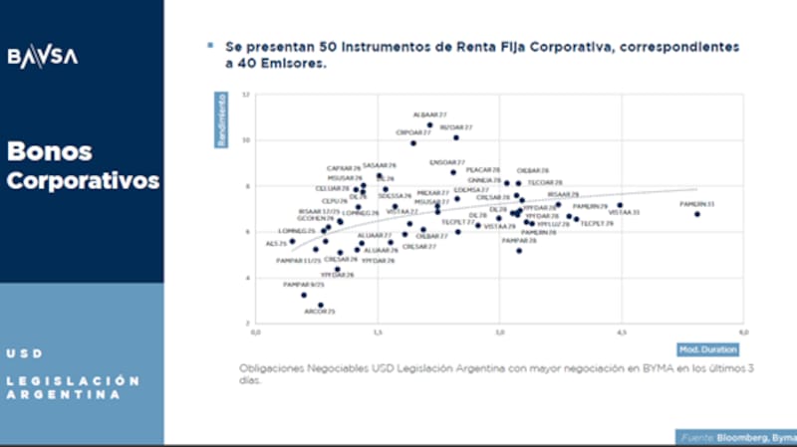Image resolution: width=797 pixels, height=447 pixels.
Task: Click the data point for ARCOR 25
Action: (x=321, y=305)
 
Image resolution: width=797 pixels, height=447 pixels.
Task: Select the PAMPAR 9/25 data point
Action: (x=304, y=295)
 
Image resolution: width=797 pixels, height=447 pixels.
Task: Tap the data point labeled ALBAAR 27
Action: (x=430, y=125)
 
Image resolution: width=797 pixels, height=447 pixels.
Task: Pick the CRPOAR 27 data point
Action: (x=413, y=142)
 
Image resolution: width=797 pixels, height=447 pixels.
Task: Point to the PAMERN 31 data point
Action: (x=697, y=214)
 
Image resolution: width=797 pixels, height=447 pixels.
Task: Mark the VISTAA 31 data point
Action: (x=620, y=205)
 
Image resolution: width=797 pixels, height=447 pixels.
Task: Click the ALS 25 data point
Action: (x=292, y=241)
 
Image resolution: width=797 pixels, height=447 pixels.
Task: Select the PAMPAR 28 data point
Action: (x=519, y=251)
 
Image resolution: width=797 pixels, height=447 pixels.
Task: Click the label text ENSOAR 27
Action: (x=447, y=161)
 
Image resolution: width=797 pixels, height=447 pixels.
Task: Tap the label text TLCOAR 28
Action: (x=545, y=183)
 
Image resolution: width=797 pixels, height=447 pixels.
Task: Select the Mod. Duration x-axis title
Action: (x=708, y=349)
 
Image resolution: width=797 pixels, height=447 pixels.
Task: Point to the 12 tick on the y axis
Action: (x=246, y=95)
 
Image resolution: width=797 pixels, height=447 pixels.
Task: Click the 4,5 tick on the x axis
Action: (x=620, y=332)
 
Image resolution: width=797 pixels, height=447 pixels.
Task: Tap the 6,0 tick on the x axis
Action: (x=741, y=332)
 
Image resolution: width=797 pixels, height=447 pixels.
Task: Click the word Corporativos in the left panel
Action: (x=84, y=182)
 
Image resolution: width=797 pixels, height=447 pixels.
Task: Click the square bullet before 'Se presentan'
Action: (x=209, y=46)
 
